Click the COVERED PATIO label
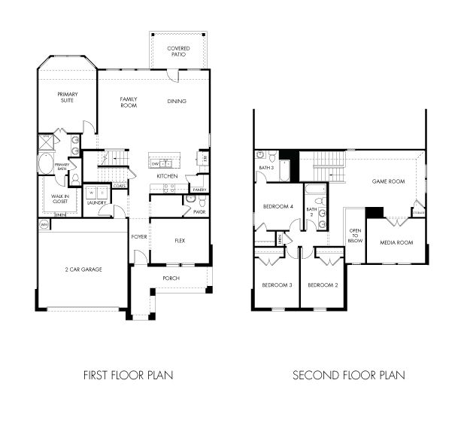pyautogui.click(x=178, y=52)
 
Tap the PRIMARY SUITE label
pyautogui.click(x=68, y=97)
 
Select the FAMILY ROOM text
pyautogui.click(x=129, y=102)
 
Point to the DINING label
pyautogui.click(x=177, y=101)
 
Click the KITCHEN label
pyautogui.click(x=167, y=176)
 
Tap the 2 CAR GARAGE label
pyautogui.click(x=82, y=269)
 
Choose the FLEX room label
pyautogui.click(x=180, y=241)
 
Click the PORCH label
pyautogui.click(x=171, y=277)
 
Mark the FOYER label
pyautogui.click(x=139, y=237)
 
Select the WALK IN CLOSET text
pyautogui.click(x=60, y=199)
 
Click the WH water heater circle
pyautogui.click(x=44, y=224)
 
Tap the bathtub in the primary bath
pyautogui.click(x=45, y=163)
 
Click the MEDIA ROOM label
pyautogui.click(x=396, y=242)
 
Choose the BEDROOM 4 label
pyautogui.click(x=277, y=206)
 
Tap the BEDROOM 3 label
pyautogui.click(x=276, y=285)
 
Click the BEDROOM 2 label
pyautogui.click(x=323, y=285)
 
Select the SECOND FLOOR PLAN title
pyautogui.click(x=348, y=375)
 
